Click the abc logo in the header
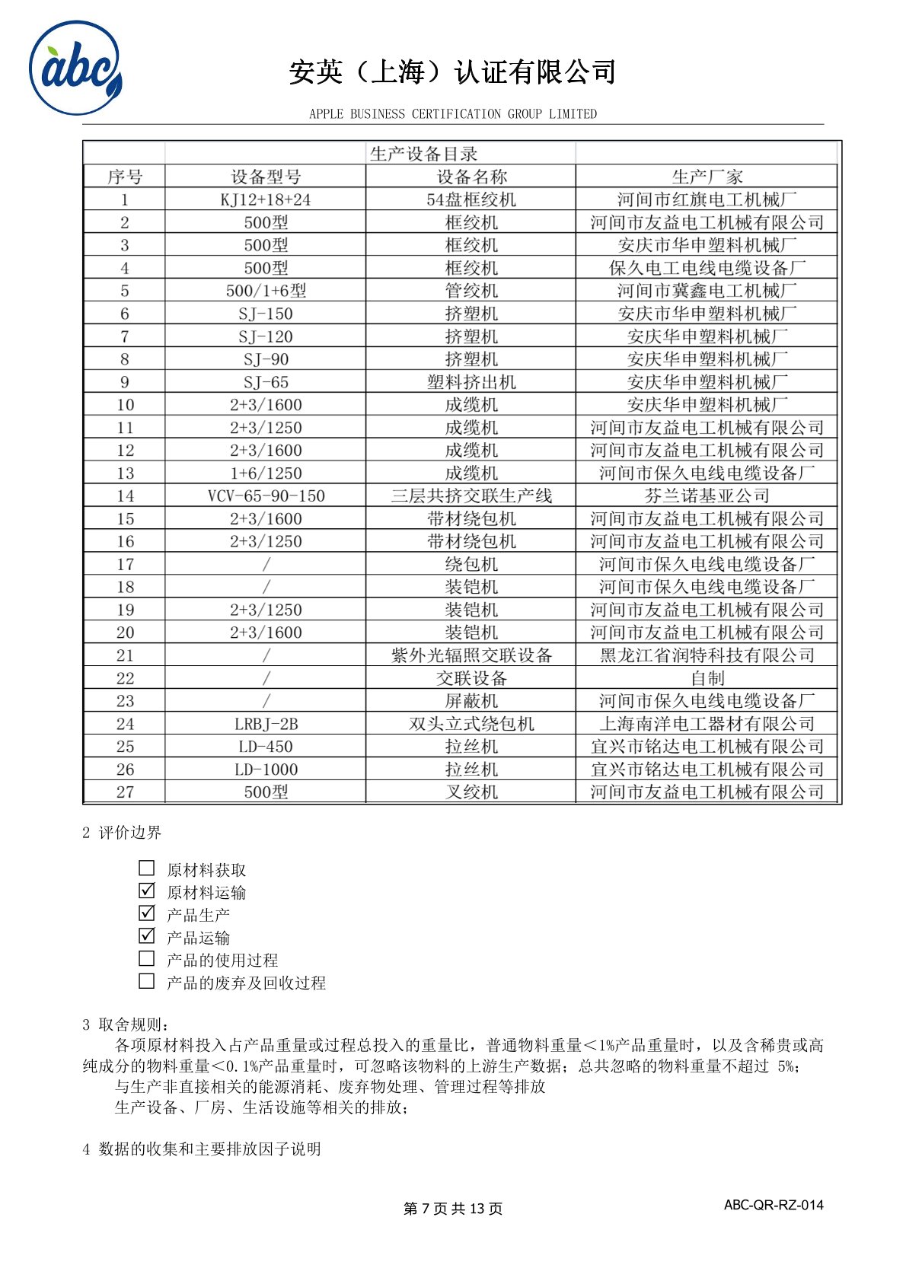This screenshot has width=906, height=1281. click(x=75, y=69)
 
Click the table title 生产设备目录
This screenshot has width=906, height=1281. click(x=423, y=154)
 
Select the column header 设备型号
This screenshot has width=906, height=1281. click(x=266, y=177)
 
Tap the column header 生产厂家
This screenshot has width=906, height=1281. click(x=707, y=177)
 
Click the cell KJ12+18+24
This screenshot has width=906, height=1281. click(x=266, y=200)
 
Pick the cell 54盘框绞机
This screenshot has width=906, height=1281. click(x=471, y=200)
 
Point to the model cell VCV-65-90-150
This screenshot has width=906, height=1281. click(x=266, y=496)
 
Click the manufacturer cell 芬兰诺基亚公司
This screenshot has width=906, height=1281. click(x=707, y=496)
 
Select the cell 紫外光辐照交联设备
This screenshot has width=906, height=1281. click(x=471, y=655)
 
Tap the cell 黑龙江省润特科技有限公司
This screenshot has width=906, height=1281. click(x=707, y=655)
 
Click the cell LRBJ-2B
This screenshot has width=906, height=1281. click(x=266, y=724)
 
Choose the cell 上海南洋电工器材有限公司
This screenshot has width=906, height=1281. click(x=707, y=724)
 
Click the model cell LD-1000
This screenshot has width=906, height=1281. click(x=266, y=770)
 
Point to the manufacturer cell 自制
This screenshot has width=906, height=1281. click(x=707, y=678)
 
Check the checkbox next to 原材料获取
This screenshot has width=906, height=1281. click(x=147, y=868)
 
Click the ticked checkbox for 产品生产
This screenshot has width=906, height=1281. click(x=147, y=913)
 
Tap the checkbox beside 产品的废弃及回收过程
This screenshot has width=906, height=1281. click(x=147, y=982)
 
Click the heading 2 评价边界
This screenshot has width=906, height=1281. click(x=122, y=833)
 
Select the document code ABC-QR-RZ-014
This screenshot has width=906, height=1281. click(x=774, y=1205)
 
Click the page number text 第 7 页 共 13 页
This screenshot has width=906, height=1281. click(x=452, y=1209)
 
